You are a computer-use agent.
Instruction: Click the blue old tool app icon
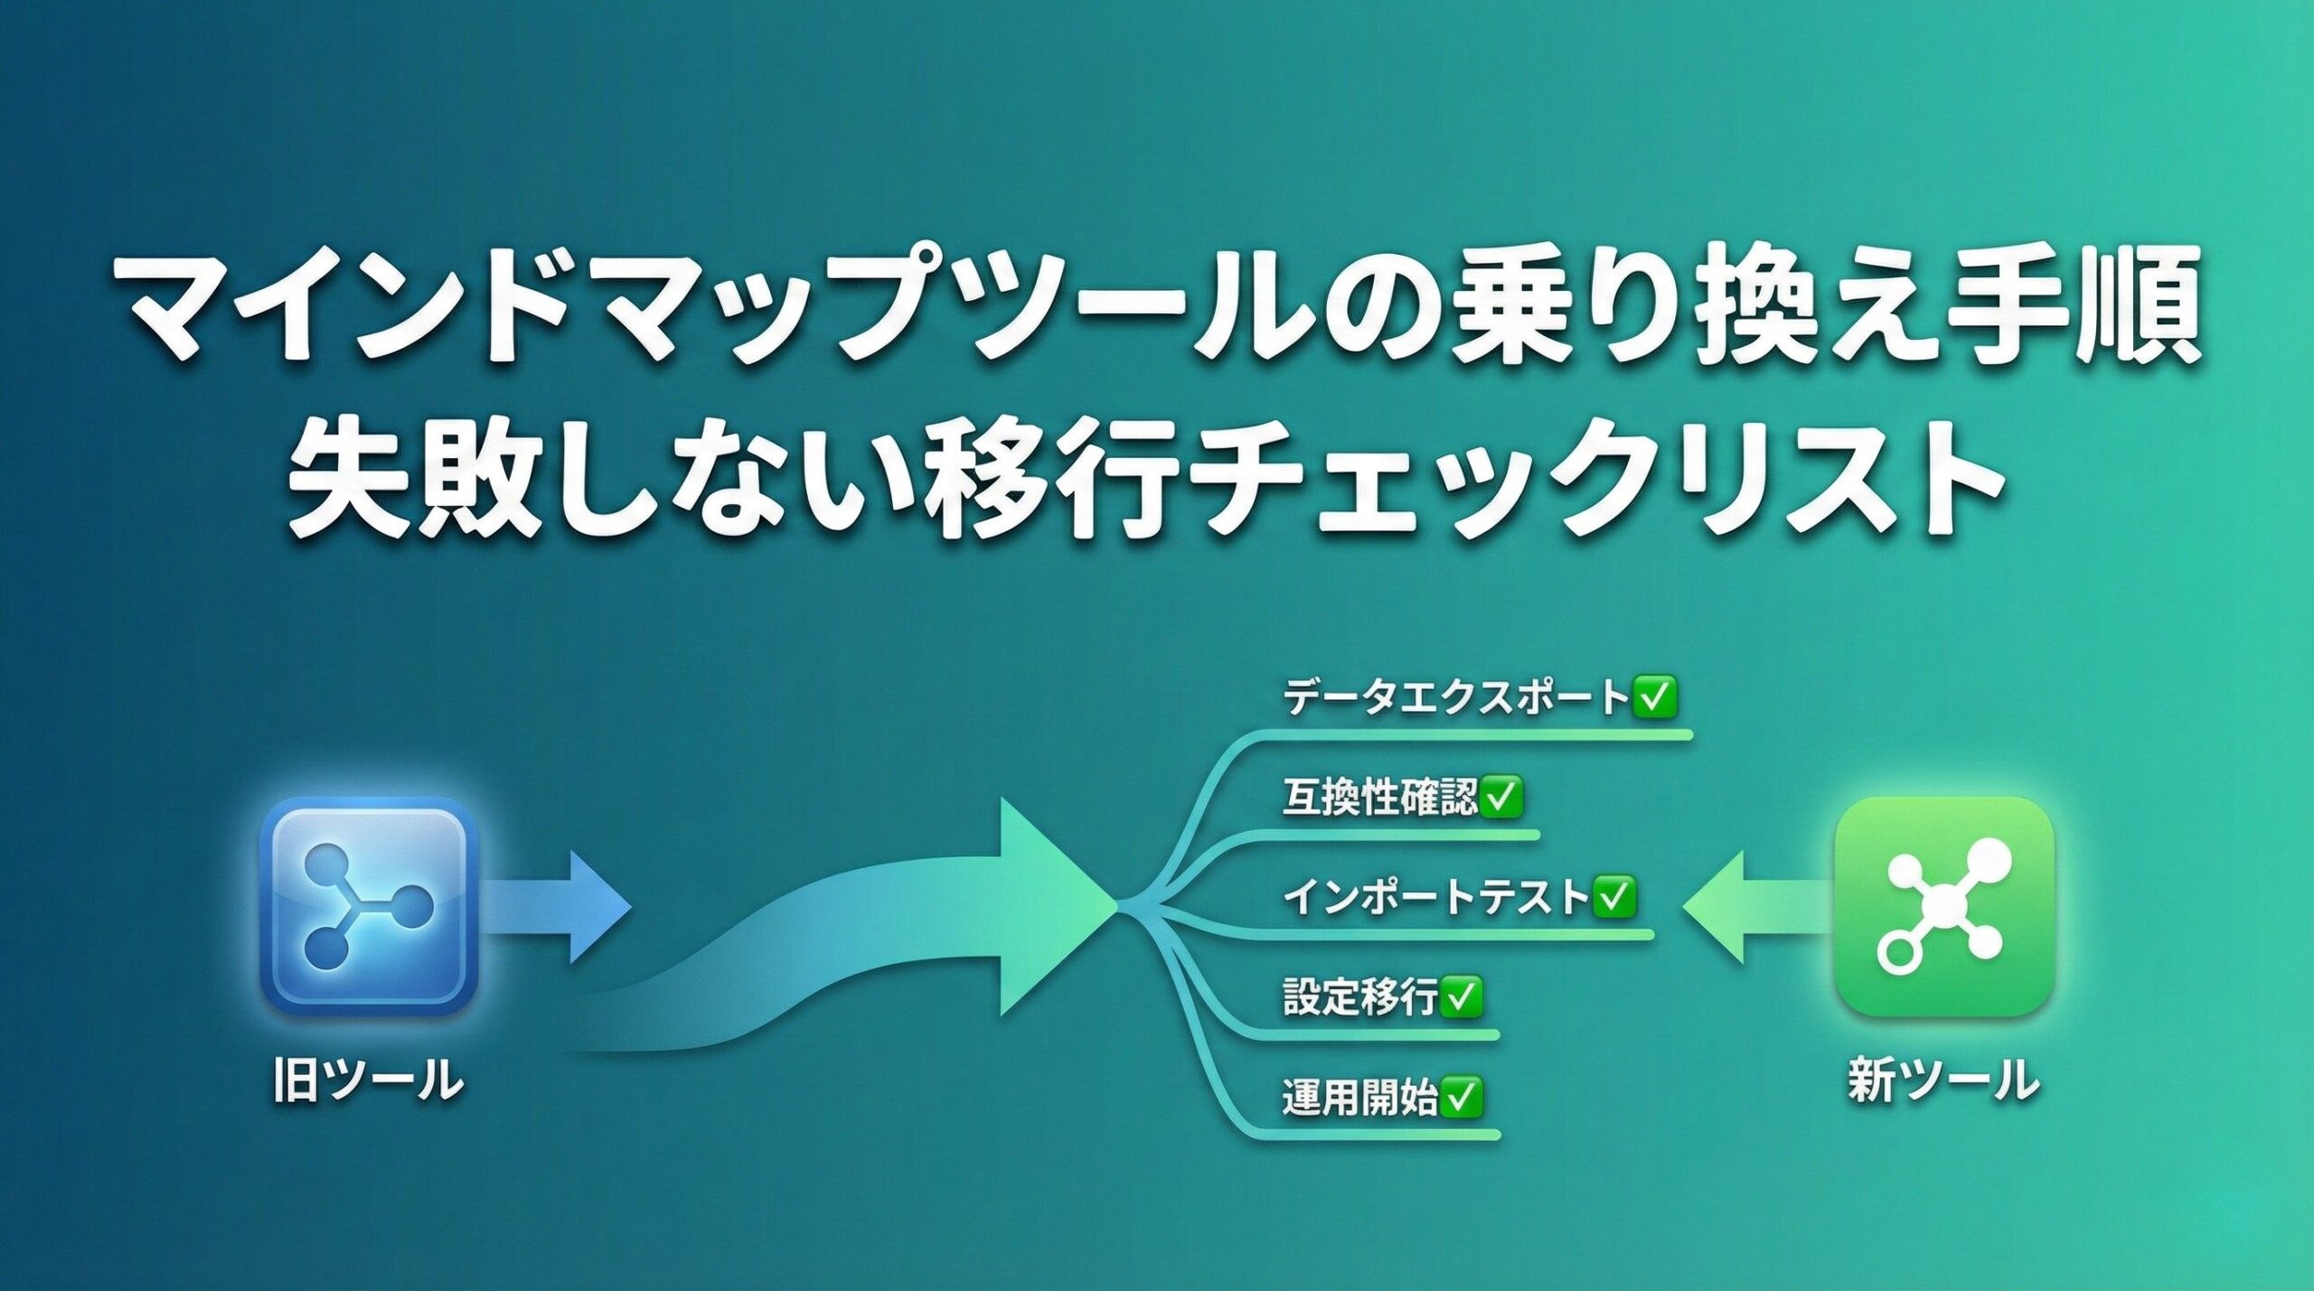(369, 906)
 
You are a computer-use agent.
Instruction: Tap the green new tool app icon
(1943, 906)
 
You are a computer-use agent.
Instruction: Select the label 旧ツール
(369, 1081)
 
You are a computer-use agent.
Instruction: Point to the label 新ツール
(1943, 1081)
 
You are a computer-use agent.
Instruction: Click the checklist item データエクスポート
(1455, 697)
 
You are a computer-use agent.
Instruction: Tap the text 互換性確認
(1379, 797)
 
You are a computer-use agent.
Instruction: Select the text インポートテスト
(1435, 896)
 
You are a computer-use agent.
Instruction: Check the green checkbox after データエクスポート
(1653, 697)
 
